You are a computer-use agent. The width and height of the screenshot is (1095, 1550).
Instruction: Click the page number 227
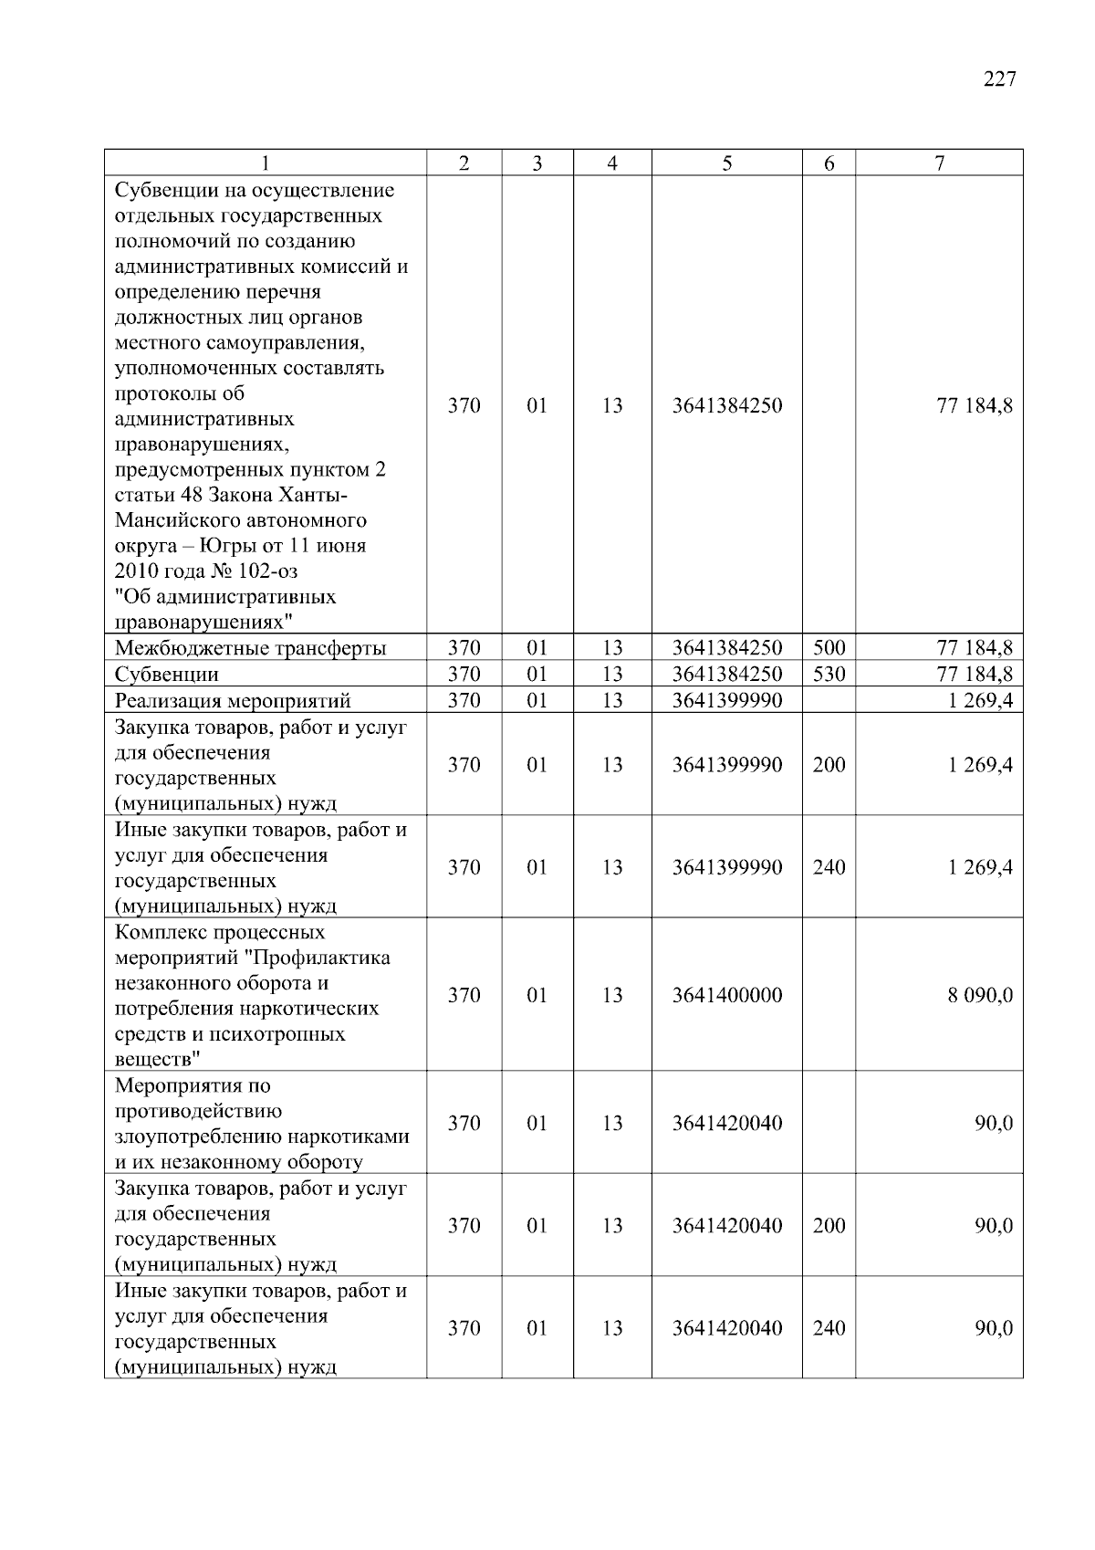coord(999,79)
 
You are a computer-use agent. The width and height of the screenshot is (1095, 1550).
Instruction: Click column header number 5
coord(726,163)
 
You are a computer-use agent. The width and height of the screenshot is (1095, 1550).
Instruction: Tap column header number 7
coord(939,163)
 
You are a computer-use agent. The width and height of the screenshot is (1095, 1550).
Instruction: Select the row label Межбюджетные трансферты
coord(250,649)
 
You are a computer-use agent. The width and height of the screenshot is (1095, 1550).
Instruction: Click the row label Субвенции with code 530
coord(167,675)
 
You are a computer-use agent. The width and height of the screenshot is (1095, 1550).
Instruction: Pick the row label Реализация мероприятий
coord(233,701)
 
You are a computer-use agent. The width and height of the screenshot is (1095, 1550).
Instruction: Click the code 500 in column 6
coord(829,648)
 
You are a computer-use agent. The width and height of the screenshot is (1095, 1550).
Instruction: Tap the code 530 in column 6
coord(829,675)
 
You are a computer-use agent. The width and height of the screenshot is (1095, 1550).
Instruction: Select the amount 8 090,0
coord(980,995)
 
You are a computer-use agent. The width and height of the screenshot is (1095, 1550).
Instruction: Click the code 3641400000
coord(726,995)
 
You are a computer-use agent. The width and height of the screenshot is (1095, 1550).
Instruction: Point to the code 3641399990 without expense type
coord(726,700)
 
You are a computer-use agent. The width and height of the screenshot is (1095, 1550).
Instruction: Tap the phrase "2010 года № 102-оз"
coord(206,571)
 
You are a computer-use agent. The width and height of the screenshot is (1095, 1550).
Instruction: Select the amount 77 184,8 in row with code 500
coord(975,648)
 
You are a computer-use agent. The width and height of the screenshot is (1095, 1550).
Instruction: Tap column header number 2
coord(464,163)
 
